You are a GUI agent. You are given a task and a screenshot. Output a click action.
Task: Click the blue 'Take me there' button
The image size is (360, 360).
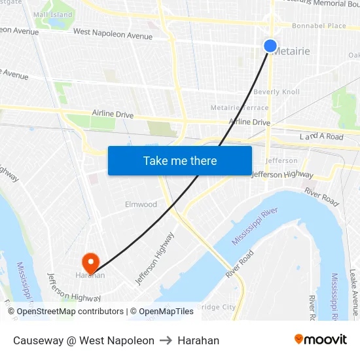click(x=180, y=160)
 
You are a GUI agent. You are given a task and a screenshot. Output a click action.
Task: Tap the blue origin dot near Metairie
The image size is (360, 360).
click(x=270, y=46)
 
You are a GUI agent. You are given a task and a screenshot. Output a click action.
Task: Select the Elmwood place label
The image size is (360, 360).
click(x=141, y=204)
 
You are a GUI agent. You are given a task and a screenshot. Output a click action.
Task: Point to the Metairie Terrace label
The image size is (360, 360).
click(x=240, y=107)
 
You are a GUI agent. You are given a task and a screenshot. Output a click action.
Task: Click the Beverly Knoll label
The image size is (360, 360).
click(x=276, y=92)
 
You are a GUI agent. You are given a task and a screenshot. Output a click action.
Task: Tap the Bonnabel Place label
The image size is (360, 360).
click(x=319, y=26)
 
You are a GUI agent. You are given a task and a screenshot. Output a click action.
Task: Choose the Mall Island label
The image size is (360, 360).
click(x=52, y=14)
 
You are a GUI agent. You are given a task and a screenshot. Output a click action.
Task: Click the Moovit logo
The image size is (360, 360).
click(x=320, y=340)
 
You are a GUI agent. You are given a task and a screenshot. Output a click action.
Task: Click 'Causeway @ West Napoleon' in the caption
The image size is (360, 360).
click(x=84, y=340)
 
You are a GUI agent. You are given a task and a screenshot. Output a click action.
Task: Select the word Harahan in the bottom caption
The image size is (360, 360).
click(x=198, y=340)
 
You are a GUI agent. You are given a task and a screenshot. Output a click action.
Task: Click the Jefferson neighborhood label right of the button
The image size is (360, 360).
click(x=282, y=160)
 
